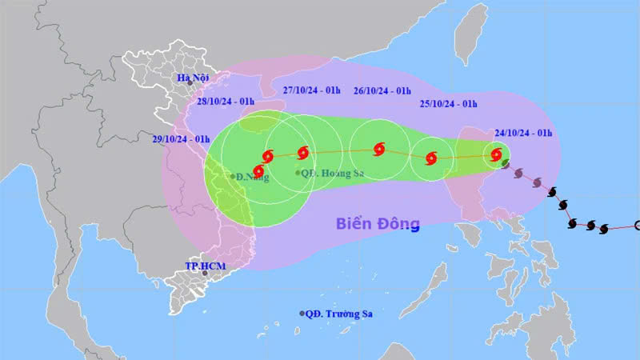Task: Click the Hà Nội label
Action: click(194, 78)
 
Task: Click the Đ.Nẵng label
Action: click(252, 178)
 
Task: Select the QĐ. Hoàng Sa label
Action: click(326, 172)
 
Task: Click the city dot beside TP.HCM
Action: click(206, 274)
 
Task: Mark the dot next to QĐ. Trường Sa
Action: click(302, 314)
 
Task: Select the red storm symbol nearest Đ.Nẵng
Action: click(258, 170)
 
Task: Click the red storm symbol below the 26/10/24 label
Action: click(378, 149)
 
